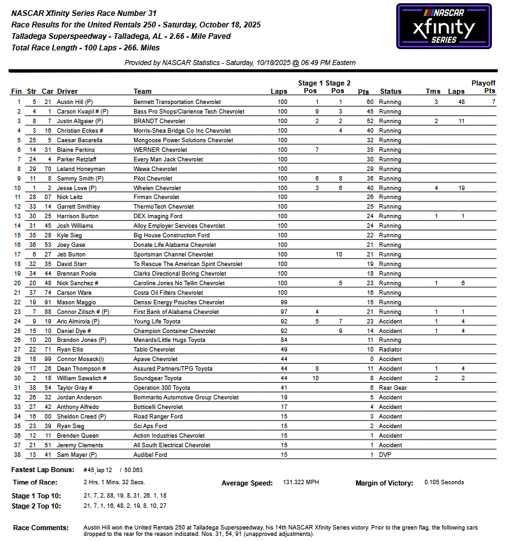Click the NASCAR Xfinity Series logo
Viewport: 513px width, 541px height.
445,26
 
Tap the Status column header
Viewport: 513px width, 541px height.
390,92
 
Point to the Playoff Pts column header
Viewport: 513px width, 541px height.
483,87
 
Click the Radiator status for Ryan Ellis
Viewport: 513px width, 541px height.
392,350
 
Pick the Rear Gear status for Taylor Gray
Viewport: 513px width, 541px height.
393,388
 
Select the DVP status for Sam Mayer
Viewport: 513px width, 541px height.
385,455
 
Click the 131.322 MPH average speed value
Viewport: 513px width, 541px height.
301,483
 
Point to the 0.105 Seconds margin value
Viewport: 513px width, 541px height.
444,483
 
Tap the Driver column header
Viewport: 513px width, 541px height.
67,92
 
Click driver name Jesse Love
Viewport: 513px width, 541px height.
71,188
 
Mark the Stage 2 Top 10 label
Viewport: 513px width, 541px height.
37,506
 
